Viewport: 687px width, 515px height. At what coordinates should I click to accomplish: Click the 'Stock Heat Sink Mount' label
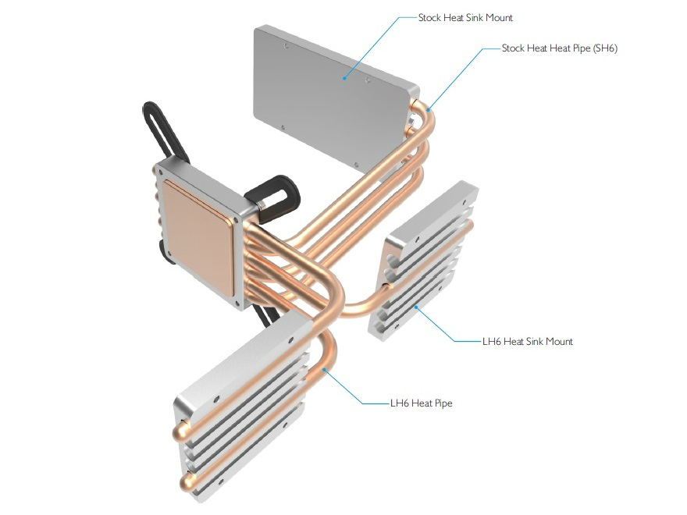click(465, 18)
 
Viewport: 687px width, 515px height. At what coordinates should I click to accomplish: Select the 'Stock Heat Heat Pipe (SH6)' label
click(560, 48)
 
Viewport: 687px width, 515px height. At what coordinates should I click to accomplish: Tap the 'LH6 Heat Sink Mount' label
click(528, 342)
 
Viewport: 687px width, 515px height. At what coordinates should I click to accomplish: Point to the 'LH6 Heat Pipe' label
click(421, 403)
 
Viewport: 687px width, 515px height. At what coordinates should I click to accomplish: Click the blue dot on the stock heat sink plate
click(345, 78)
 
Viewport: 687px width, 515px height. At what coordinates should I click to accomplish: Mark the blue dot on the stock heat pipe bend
click(428, 109)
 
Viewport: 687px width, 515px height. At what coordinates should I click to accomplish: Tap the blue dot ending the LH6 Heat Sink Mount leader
click(416, 307)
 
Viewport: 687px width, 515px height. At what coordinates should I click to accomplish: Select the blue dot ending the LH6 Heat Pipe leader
click(324, 370)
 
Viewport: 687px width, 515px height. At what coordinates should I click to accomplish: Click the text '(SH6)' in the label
click(605, 48)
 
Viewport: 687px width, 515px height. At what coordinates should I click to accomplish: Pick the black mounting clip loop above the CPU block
click(163, 131)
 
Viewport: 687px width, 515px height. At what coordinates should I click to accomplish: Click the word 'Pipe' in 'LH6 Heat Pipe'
click(443, 403)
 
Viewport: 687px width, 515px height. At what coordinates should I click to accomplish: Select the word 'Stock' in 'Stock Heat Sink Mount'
click(429, 18)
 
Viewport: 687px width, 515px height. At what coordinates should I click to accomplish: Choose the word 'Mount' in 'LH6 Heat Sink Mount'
click(559, 342)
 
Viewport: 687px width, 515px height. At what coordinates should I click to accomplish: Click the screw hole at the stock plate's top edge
click(286, 45)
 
